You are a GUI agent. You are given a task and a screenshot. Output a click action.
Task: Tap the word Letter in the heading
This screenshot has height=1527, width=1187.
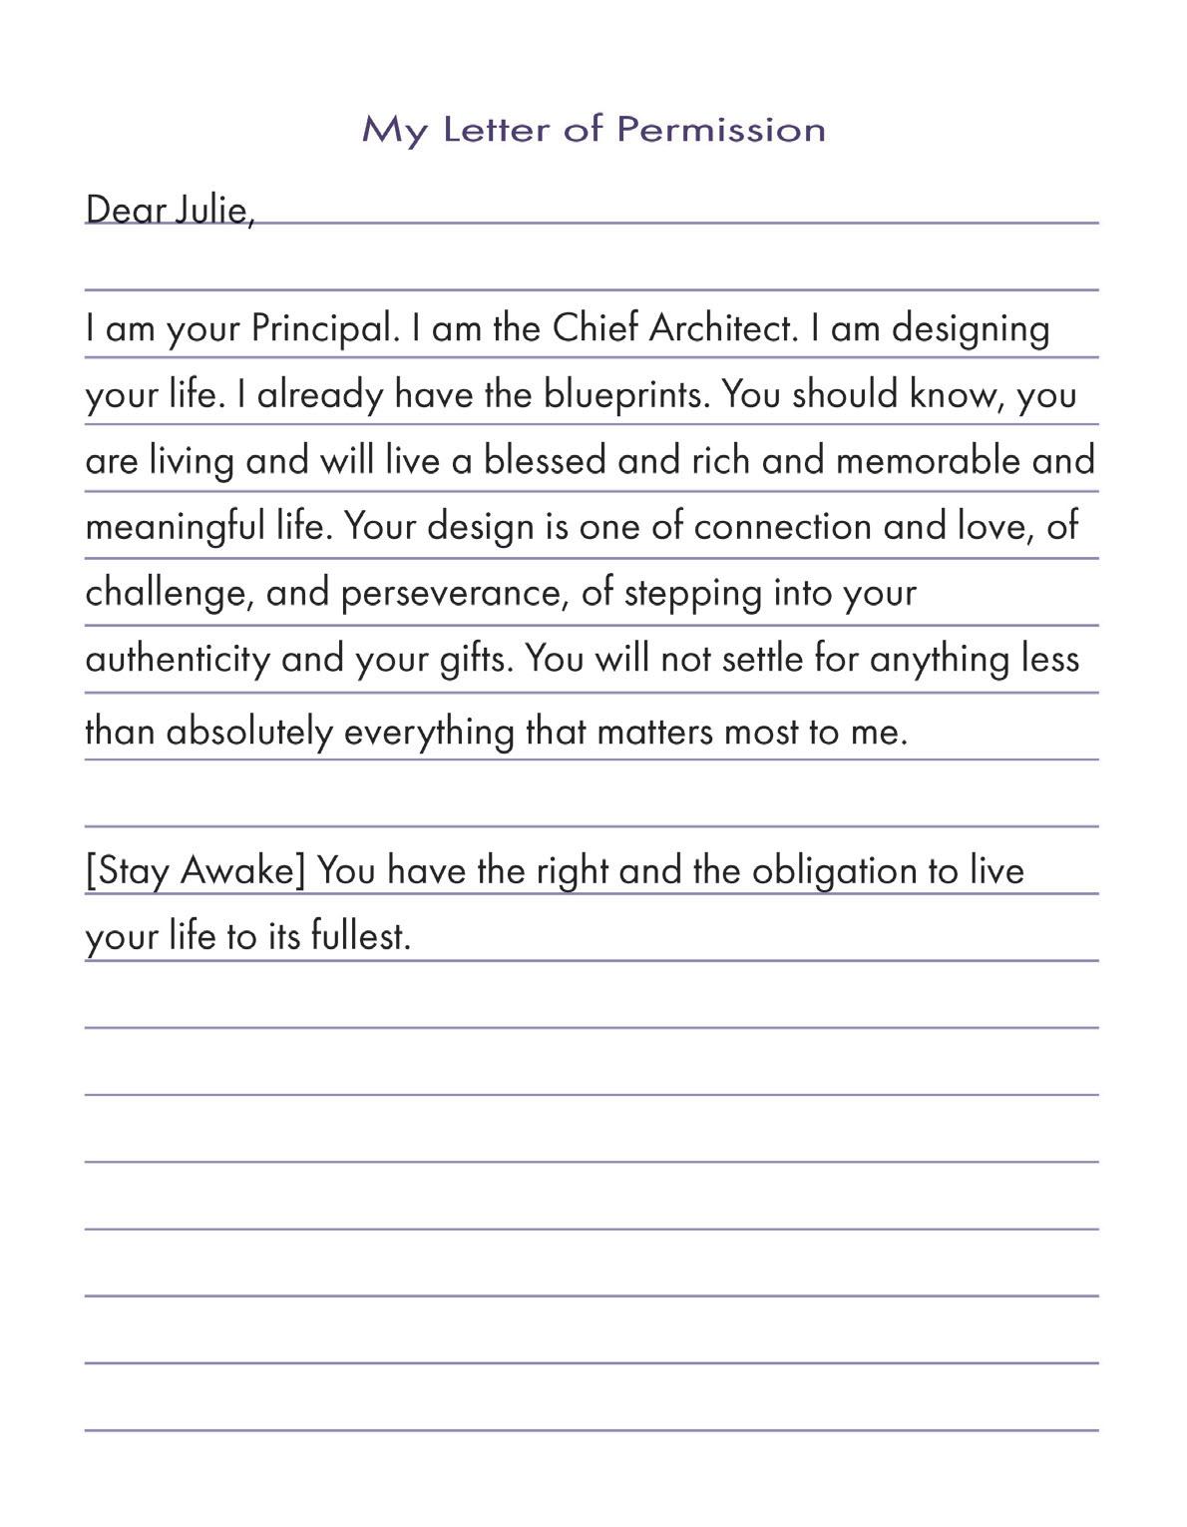(497, 130)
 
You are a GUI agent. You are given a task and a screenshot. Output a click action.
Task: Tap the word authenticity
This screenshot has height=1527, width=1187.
(177, 660)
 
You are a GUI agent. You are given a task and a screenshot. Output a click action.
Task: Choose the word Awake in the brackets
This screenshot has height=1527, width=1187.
(242, 871)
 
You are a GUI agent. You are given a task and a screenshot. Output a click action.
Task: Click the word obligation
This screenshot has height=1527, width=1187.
(834, 871)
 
